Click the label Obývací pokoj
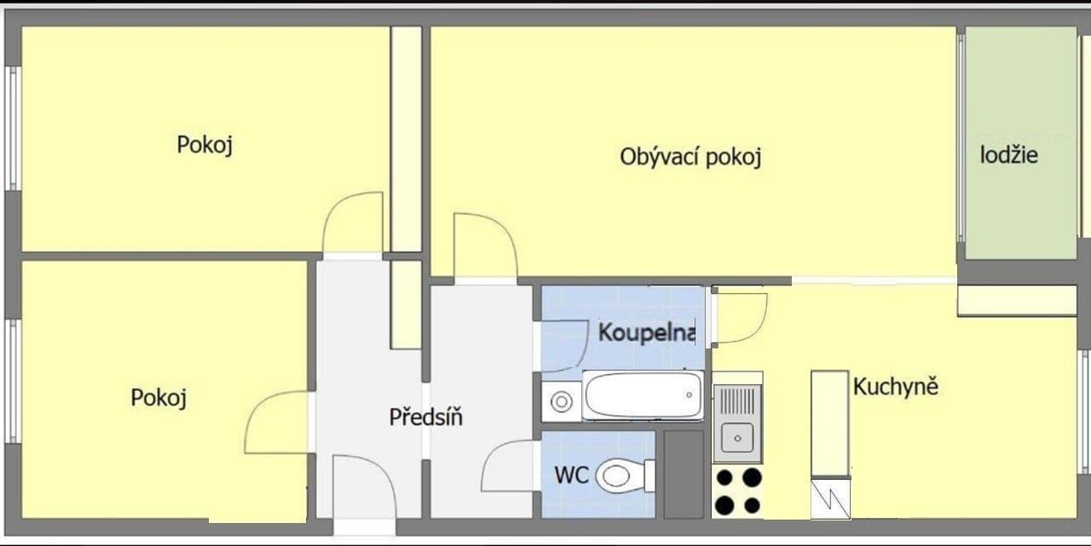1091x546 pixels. pyautogui.click(x=690, y=158)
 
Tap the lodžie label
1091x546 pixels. pyautogui.click(x=1008, y=155)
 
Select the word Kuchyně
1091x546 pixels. pyautogui.click(x=896, y=387)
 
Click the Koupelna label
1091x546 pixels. pyautogui.click(x=647, y=332)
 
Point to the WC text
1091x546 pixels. pyautogui.click(x=571, y=475)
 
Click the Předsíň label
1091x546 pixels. pyautogui.click(x=425, y=417)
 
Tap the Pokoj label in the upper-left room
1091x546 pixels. pyautogui.click(x=205, y=144)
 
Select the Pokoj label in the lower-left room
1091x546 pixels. pyautogui.click(x=159, y=398)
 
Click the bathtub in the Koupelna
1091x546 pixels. pyautogui.click(x=644, y=395)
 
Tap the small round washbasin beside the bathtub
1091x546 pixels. pyautogui.click(x=561, y=401)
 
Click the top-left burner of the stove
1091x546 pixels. pyautogui.click(x=724, y=478)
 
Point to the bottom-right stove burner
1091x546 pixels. pyautogui.click(x=752, y=505)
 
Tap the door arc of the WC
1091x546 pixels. pyautogui.click(x=508, y=467)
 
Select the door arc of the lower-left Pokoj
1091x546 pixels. pyautogui.click(x=274, y=422)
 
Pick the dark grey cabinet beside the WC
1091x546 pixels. pyautogui.click(x=684, y=474)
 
